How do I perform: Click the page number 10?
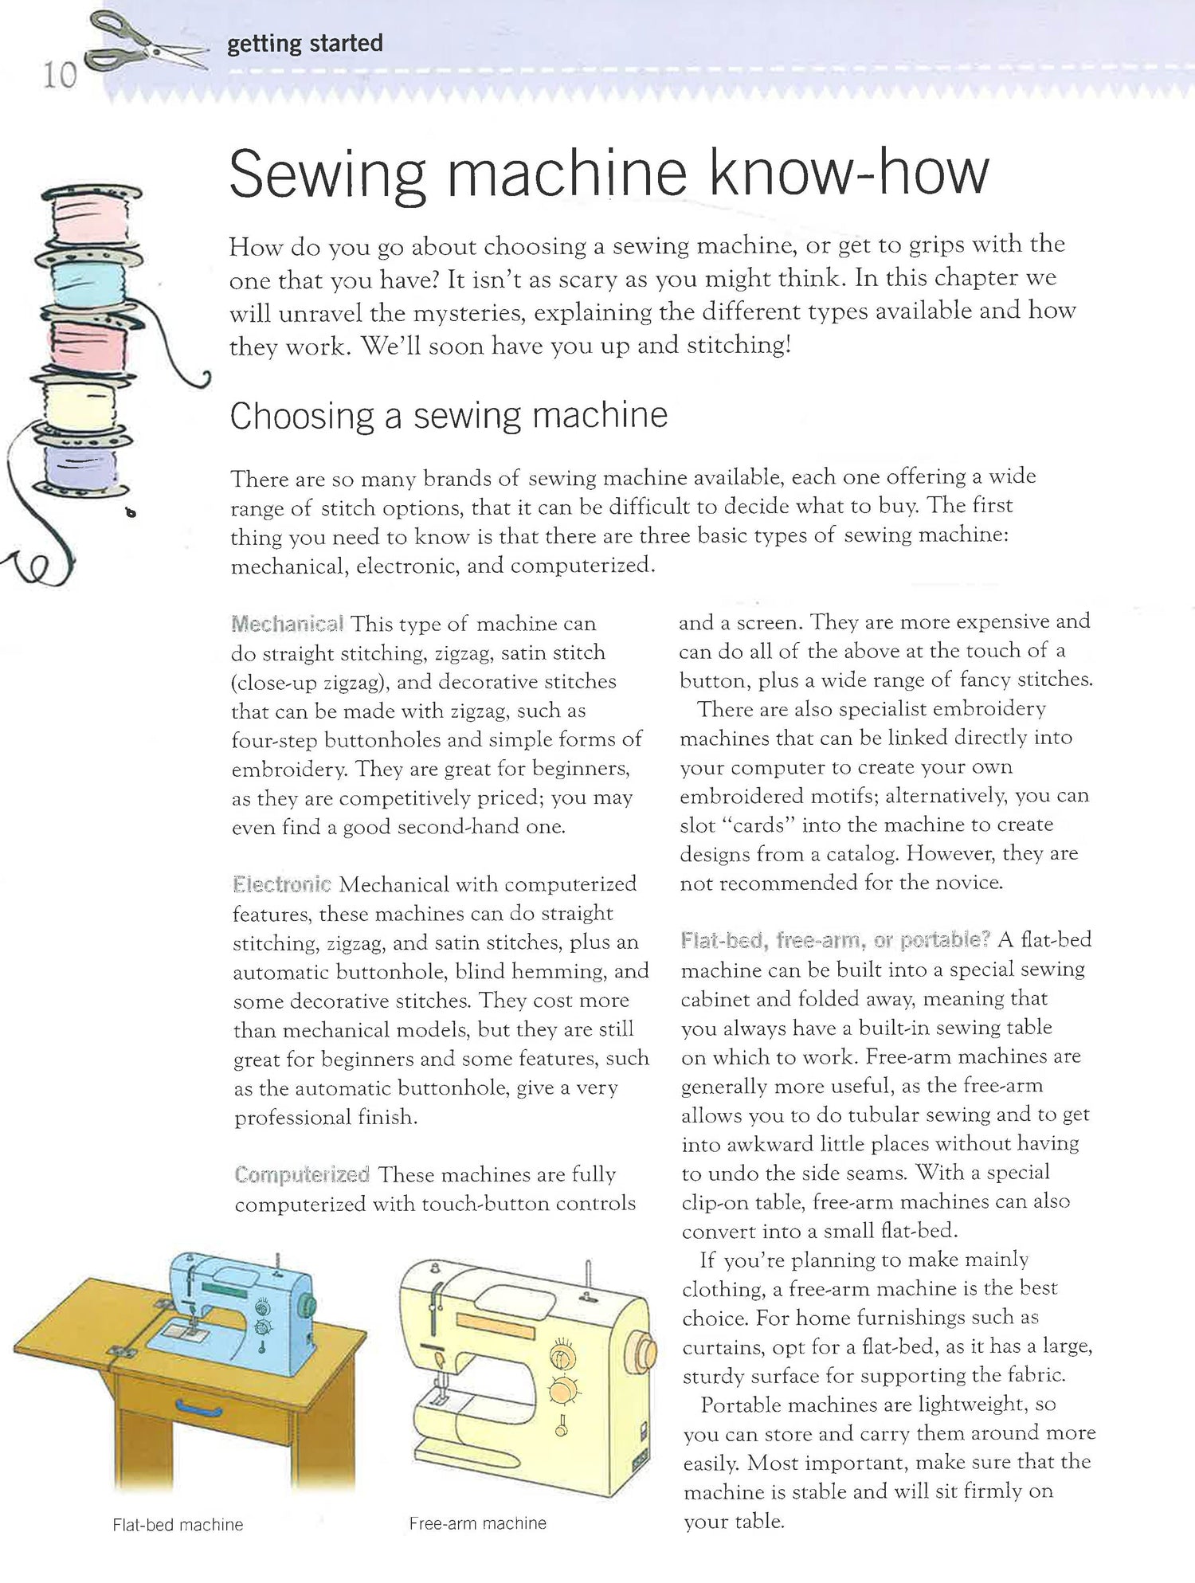(59, 76)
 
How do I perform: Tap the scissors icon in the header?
(148, 45)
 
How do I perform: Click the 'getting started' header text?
(304, 43)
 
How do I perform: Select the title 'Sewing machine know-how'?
(609, 174)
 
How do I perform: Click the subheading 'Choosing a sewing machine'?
(449, 416)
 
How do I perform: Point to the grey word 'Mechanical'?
(287, 623)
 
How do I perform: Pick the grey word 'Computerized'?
(302, 1174)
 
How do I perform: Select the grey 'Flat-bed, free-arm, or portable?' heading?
(835, 940)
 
